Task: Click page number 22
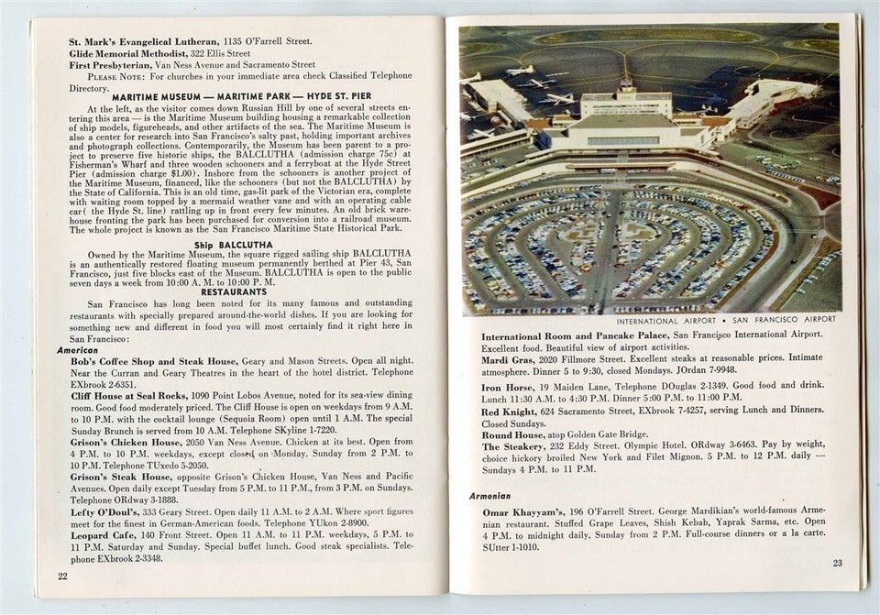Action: point(62,576)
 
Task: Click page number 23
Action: point(837,563)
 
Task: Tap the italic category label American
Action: point(78,349)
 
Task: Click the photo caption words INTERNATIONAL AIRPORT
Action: point(665,321)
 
